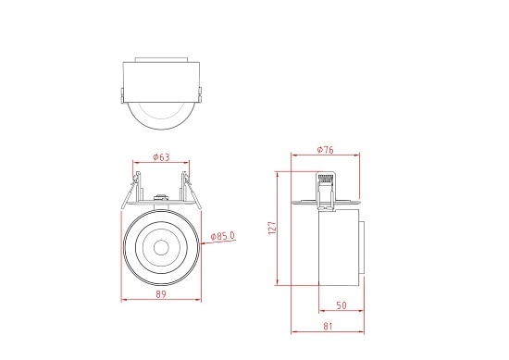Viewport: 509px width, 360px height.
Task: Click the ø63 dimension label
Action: point(160,157)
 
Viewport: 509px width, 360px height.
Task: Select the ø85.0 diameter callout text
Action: point(223,237)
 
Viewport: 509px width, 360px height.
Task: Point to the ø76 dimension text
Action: point(325,150)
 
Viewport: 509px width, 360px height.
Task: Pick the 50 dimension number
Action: point(341,305)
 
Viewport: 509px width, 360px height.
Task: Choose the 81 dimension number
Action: point(329,326)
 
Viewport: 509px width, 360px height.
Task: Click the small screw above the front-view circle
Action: point(161,198)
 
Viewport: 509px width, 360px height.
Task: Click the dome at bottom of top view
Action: point(160,115)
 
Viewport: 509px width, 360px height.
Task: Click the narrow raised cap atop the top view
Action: point(160,60)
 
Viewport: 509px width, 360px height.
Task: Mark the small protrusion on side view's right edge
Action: point(362,249)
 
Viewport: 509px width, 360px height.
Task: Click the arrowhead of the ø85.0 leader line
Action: point(195,244)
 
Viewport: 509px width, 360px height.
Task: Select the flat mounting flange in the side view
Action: point(327,202)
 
